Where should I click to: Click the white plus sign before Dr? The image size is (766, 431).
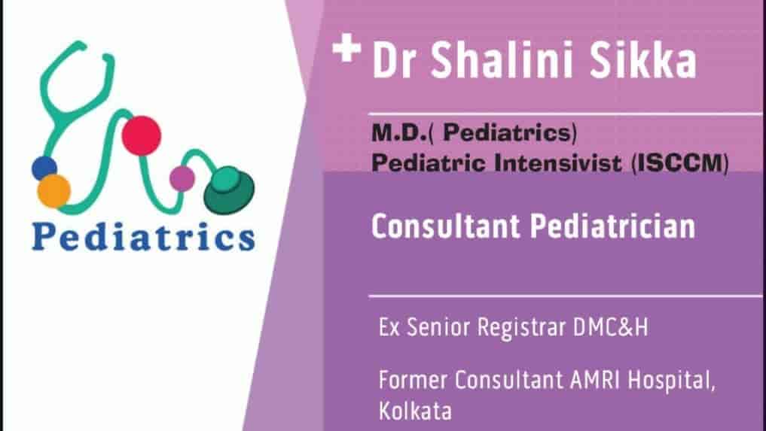pyautogui.click(x=346, y=51)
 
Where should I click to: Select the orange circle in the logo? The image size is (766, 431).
pyautogui.click(x=54, y=192)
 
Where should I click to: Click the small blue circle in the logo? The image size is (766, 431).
pyautogui.click(x=44, y=168)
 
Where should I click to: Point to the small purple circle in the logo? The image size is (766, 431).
pyautogui.click(x=182, y=178)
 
